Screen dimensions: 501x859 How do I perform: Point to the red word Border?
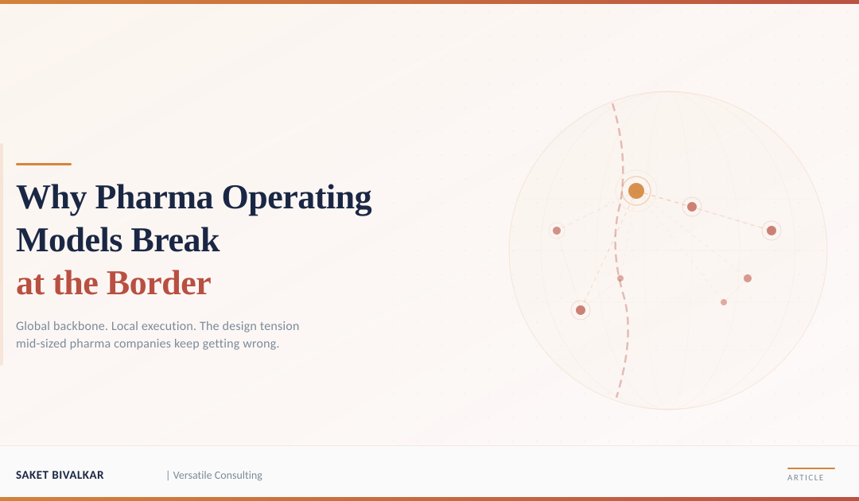point(158,283)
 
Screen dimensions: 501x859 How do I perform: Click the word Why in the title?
point(51,197)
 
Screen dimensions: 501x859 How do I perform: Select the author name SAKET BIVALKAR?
point(60,476)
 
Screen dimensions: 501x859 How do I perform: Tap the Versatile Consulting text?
point(217,476)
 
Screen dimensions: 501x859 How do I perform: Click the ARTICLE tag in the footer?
point(806,478)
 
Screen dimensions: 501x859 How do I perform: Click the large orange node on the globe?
point(636,191)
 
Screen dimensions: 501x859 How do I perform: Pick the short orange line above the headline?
point(44,164)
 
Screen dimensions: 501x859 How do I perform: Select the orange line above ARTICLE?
point(810,468)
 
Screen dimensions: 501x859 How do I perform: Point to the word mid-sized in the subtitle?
point(41,344)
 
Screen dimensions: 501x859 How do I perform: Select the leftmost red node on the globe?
point(557,231)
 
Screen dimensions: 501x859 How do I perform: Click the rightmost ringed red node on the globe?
point(771,231)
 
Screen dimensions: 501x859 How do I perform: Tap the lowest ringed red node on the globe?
point(581,310)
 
